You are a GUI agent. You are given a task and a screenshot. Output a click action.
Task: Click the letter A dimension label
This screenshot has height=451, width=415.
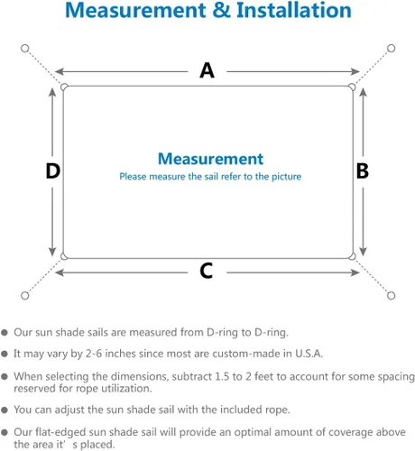coord(207,70)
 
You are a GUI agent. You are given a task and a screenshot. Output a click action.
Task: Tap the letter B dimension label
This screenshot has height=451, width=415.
coord(363,170)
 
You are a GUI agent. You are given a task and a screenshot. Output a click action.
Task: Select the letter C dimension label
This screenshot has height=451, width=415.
coord(207,271)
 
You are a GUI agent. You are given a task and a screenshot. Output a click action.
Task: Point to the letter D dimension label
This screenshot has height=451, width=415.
coord(52,170)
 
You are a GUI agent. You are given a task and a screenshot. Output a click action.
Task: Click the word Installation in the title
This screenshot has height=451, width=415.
coord(294,10)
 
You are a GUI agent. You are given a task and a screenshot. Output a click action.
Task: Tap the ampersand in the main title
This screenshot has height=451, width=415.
coord(221,10)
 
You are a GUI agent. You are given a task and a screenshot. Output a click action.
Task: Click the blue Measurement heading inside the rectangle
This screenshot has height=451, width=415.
coord(210,159)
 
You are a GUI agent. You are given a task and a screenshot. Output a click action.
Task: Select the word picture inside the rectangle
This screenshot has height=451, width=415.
coord(286,177)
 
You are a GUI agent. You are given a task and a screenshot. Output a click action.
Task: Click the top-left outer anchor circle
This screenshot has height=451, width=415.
coord(25,49)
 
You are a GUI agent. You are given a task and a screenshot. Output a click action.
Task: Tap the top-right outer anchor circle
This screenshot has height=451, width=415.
coord(391,48)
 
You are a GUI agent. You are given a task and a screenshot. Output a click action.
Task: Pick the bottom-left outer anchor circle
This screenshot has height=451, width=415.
coord(25,296)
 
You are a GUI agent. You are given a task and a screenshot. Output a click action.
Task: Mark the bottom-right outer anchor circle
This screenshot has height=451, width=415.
coord(391,296)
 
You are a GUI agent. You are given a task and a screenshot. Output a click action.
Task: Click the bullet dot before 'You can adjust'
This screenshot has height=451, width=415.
coord(5,410)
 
